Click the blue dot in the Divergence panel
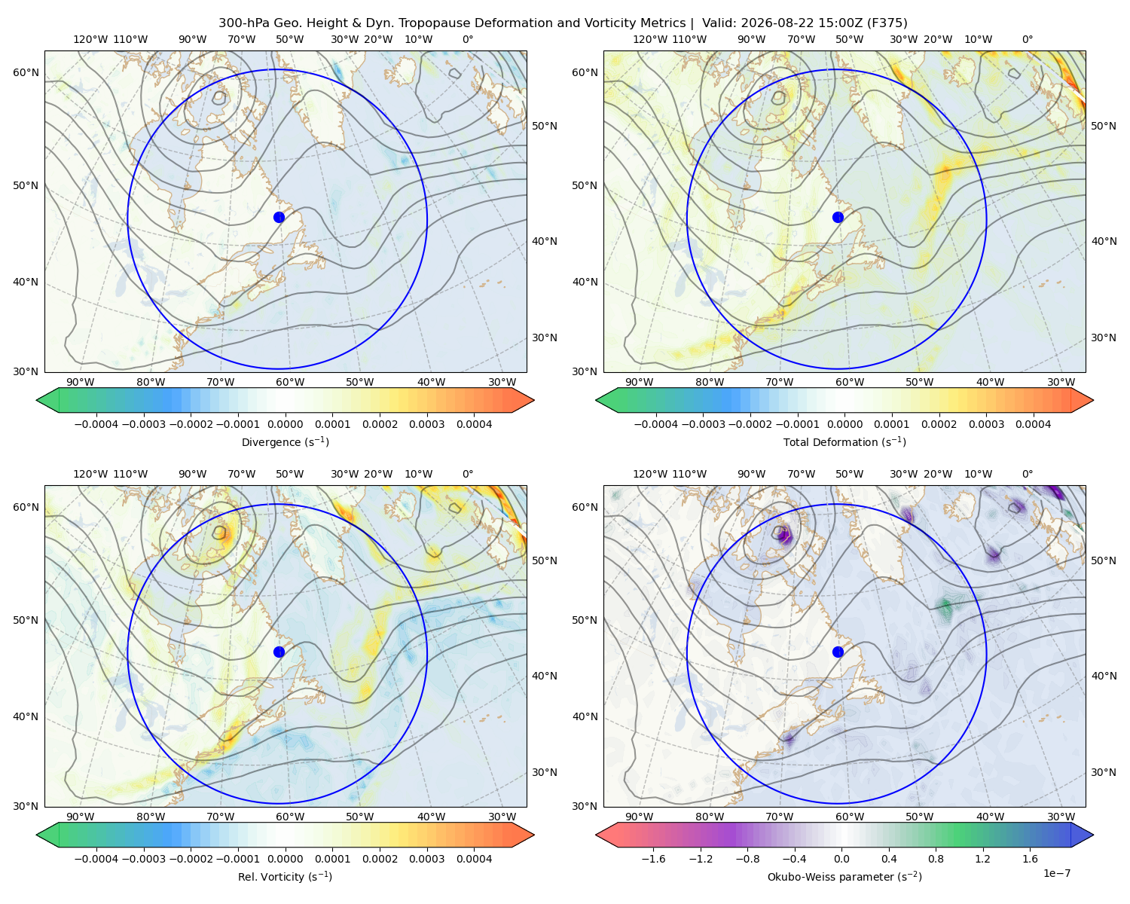point(279,218)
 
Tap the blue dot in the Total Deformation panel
point(838,218)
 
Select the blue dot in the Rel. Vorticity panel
point(279,652)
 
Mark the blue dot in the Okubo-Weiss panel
point(838,652)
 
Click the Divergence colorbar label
point(285,442)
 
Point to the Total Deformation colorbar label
point(844,442)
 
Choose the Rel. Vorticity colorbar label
point(285,877)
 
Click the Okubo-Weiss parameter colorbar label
point(844,877)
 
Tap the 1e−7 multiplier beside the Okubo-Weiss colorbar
point(1056,873)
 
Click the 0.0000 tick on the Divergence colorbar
point(285,424)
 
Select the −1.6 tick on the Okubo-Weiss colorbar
point(654,859)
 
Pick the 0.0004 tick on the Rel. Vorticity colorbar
point(474,859)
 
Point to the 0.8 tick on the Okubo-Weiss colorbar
point(936,859)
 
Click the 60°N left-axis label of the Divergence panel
point(26,72)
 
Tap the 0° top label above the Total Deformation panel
point(1028,39)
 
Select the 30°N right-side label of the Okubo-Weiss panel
point(1104,772)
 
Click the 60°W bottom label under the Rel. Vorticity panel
point(290,817)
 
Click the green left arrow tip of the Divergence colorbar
point(37,400)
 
